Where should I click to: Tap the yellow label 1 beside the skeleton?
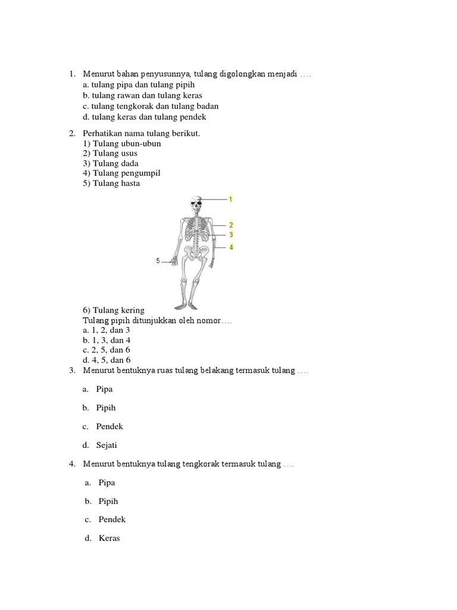(x=230, y=198)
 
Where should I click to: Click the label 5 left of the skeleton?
(x=158, y=260)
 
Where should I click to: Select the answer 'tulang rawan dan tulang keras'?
(x=143, y=95)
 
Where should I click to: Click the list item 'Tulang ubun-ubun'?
(x=122, y=144)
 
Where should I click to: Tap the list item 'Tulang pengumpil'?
(x=122, y=173)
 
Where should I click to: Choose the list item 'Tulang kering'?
(x=114, y=310)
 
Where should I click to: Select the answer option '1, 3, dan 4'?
(x=107, y=340)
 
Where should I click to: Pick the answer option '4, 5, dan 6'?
(x=107, y=360)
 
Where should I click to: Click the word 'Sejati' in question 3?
(x=108, y=445)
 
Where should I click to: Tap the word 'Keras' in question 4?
(x=109, y=538)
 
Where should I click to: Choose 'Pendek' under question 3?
(x=110, y=427)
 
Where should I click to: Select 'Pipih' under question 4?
(x=108, y=501)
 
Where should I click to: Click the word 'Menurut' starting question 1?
(x=98, y=74)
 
